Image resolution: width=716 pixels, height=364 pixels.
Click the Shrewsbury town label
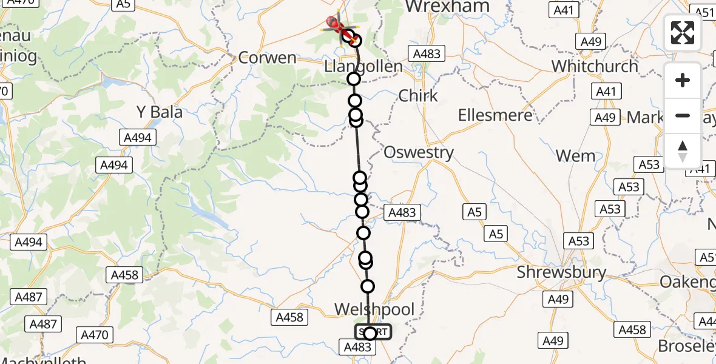coord(561,272)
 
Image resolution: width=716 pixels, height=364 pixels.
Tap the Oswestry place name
coord(418,152)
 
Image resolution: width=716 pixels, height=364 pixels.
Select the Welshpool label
coord(374,310)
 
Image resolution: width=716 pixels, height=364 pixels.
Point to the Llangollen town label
coord(363,66)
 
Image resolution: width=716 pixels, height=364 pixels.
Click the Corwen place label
coord(268,58)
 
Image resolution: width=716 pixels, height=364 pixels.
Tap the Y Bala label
coord(160,112)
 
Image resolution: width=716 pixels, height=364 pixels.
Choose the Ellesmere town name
coord(495,115)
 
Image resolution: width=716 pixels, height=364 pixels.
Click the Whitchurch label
coord(595,66)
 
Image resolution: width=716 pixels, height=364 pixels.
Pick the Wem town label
coord(576,156)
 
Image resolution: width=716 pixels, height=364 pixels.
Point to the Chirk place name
coord(418,96)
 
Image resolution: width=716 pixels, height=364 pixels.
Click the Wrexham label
coord(447,7)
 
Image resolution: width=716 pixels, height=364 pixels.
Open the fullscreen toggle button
coord(683,33)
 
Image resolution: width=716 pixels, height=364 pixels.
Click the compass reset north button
coord(683,150)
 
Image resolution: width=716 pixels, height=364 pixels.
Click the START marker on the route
coord(373,332)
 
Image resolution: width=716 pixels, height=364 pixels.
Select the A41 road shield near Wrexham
coord(564,10)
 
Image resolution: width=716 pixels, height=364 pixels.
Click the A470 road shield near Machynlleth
coord(94,334)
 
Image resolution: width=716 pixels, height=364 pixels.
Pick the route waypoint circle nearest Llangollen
coord(353,79)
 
